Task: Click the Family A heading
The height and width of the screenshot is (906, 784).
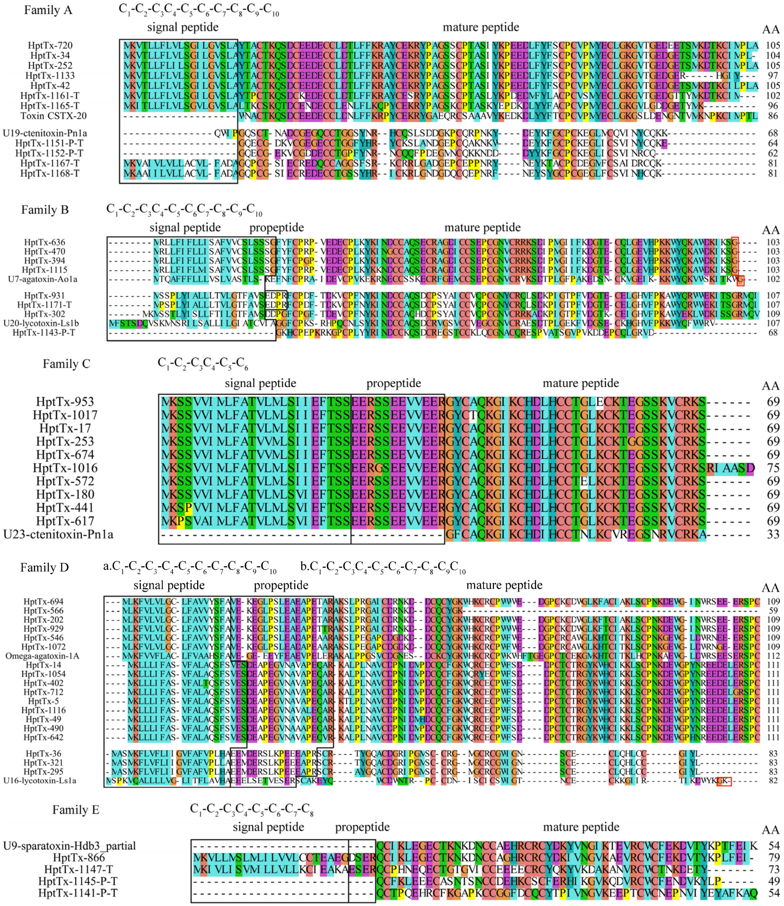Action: [x=48, y=10]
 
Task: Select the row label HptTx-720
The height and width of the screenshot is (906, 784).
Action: [x=50, y=46]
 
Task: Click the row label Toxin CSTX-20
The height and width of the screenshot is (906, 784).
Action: [x=53, y=116]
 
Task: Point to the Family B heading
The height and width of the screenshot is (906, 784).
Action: [x=45, y=210]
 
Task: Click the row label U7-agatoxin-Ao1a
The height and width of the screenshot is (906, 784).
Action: [x=42, y=279]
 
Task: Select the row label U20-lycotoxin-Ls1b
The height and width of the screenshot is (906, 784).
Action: [x=41, y=323]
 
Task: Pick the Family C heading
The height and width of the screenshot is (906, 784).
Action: [x=66, y=364]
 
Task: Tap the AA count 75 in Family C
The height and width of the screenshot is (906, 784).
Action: [x=773, y=468]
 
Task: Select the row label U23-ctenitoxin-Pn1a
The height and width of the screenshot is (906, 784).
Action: [x=58, y=535]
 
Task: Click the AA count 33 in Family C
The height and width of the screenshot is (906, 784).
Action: [x=773, y=535]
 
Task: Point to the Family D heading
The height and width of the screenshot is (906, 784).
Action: [x=45, y=568]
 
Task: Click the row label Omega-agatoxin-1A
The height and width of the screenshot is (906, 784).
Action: [x=42, y=656]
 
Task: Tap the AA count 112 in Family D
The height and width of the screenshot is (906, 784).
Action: [x=773, y=656]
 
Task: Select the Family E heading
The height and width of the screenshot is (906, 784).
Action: [x=76, y=810]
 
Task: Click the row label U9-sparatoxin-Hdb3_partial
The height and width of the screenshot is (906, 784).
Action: [x=69, y=846]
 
